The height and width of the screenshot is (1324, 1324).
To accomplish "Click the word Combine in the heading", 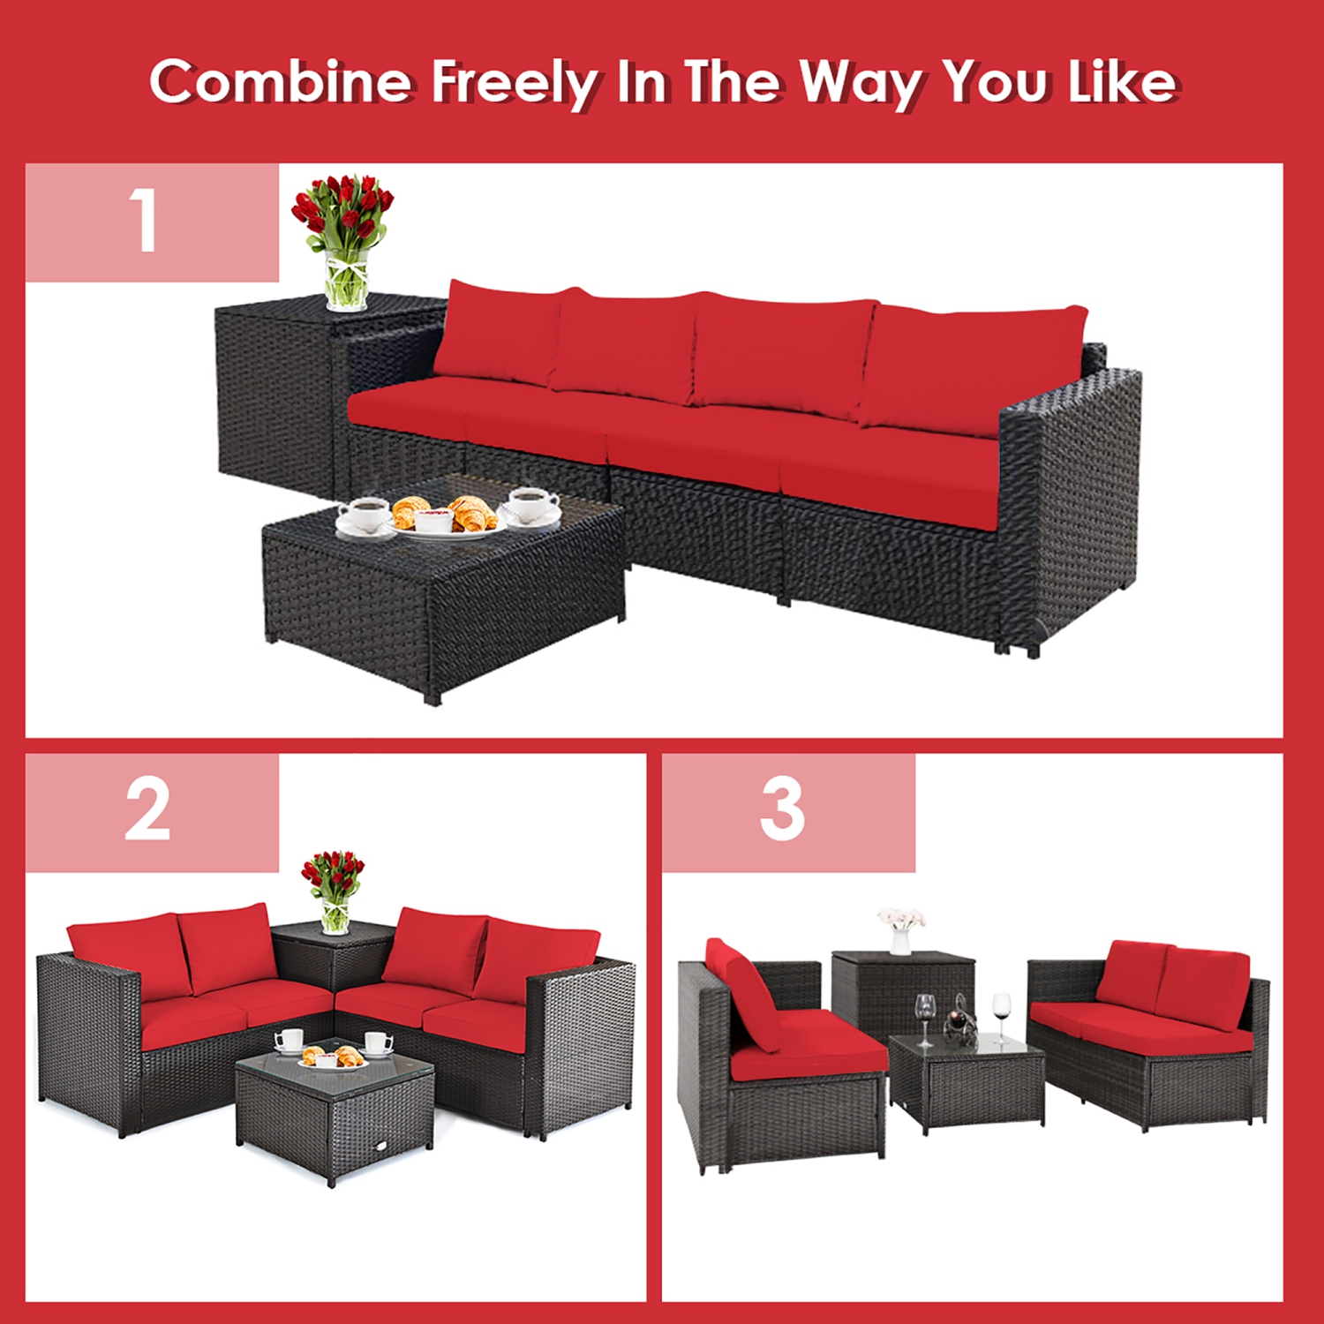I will click(x=280, y=82).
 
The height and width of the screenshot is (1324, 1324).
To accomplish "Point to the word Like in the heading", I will click(x=1122, y=82).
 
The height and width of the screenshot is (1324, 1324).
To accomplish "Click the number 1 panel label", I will click(x=144, y=222).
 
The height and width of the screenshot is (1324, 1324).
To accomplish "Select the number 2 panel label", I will click(x=147, y=810).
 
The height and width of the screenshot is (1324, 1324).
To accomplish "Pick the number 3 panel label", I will click(x=782, y=810).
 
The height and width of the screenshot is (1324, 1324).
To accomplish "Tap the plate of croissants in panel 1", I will click(x=446, y=517).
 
